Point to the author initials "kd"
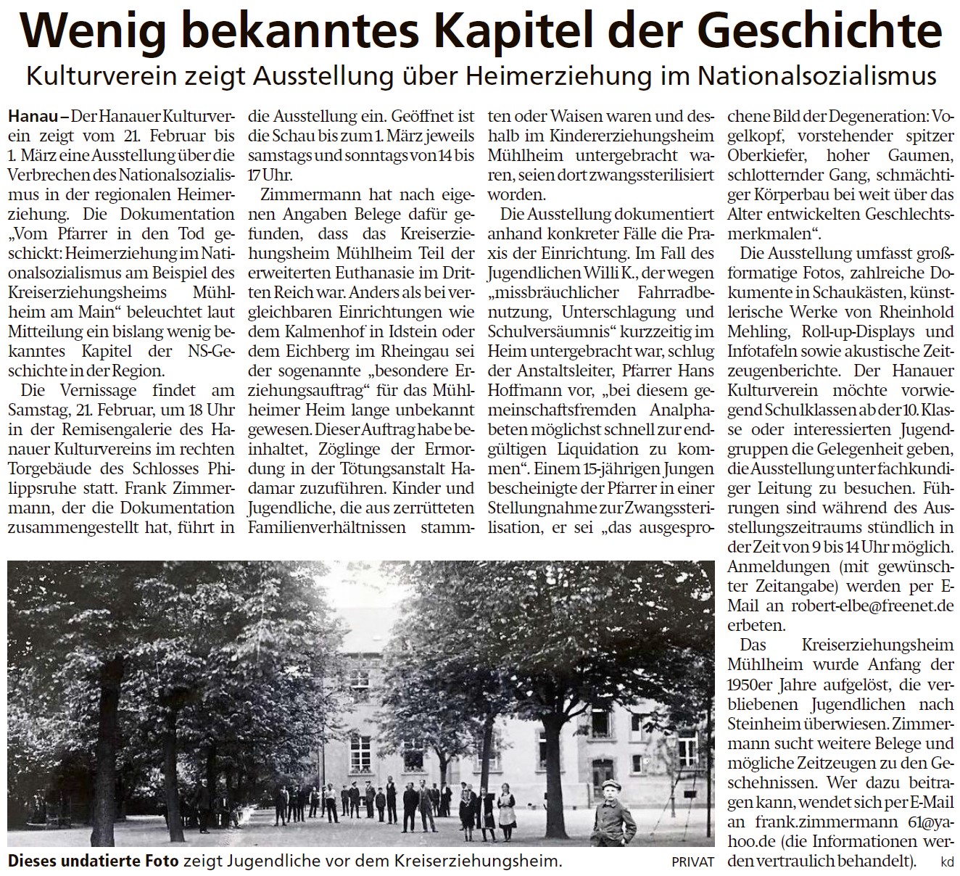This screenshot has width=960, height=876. coord(947,862)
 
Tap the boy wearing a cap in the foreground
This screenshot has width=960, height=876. coord(609,812)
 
